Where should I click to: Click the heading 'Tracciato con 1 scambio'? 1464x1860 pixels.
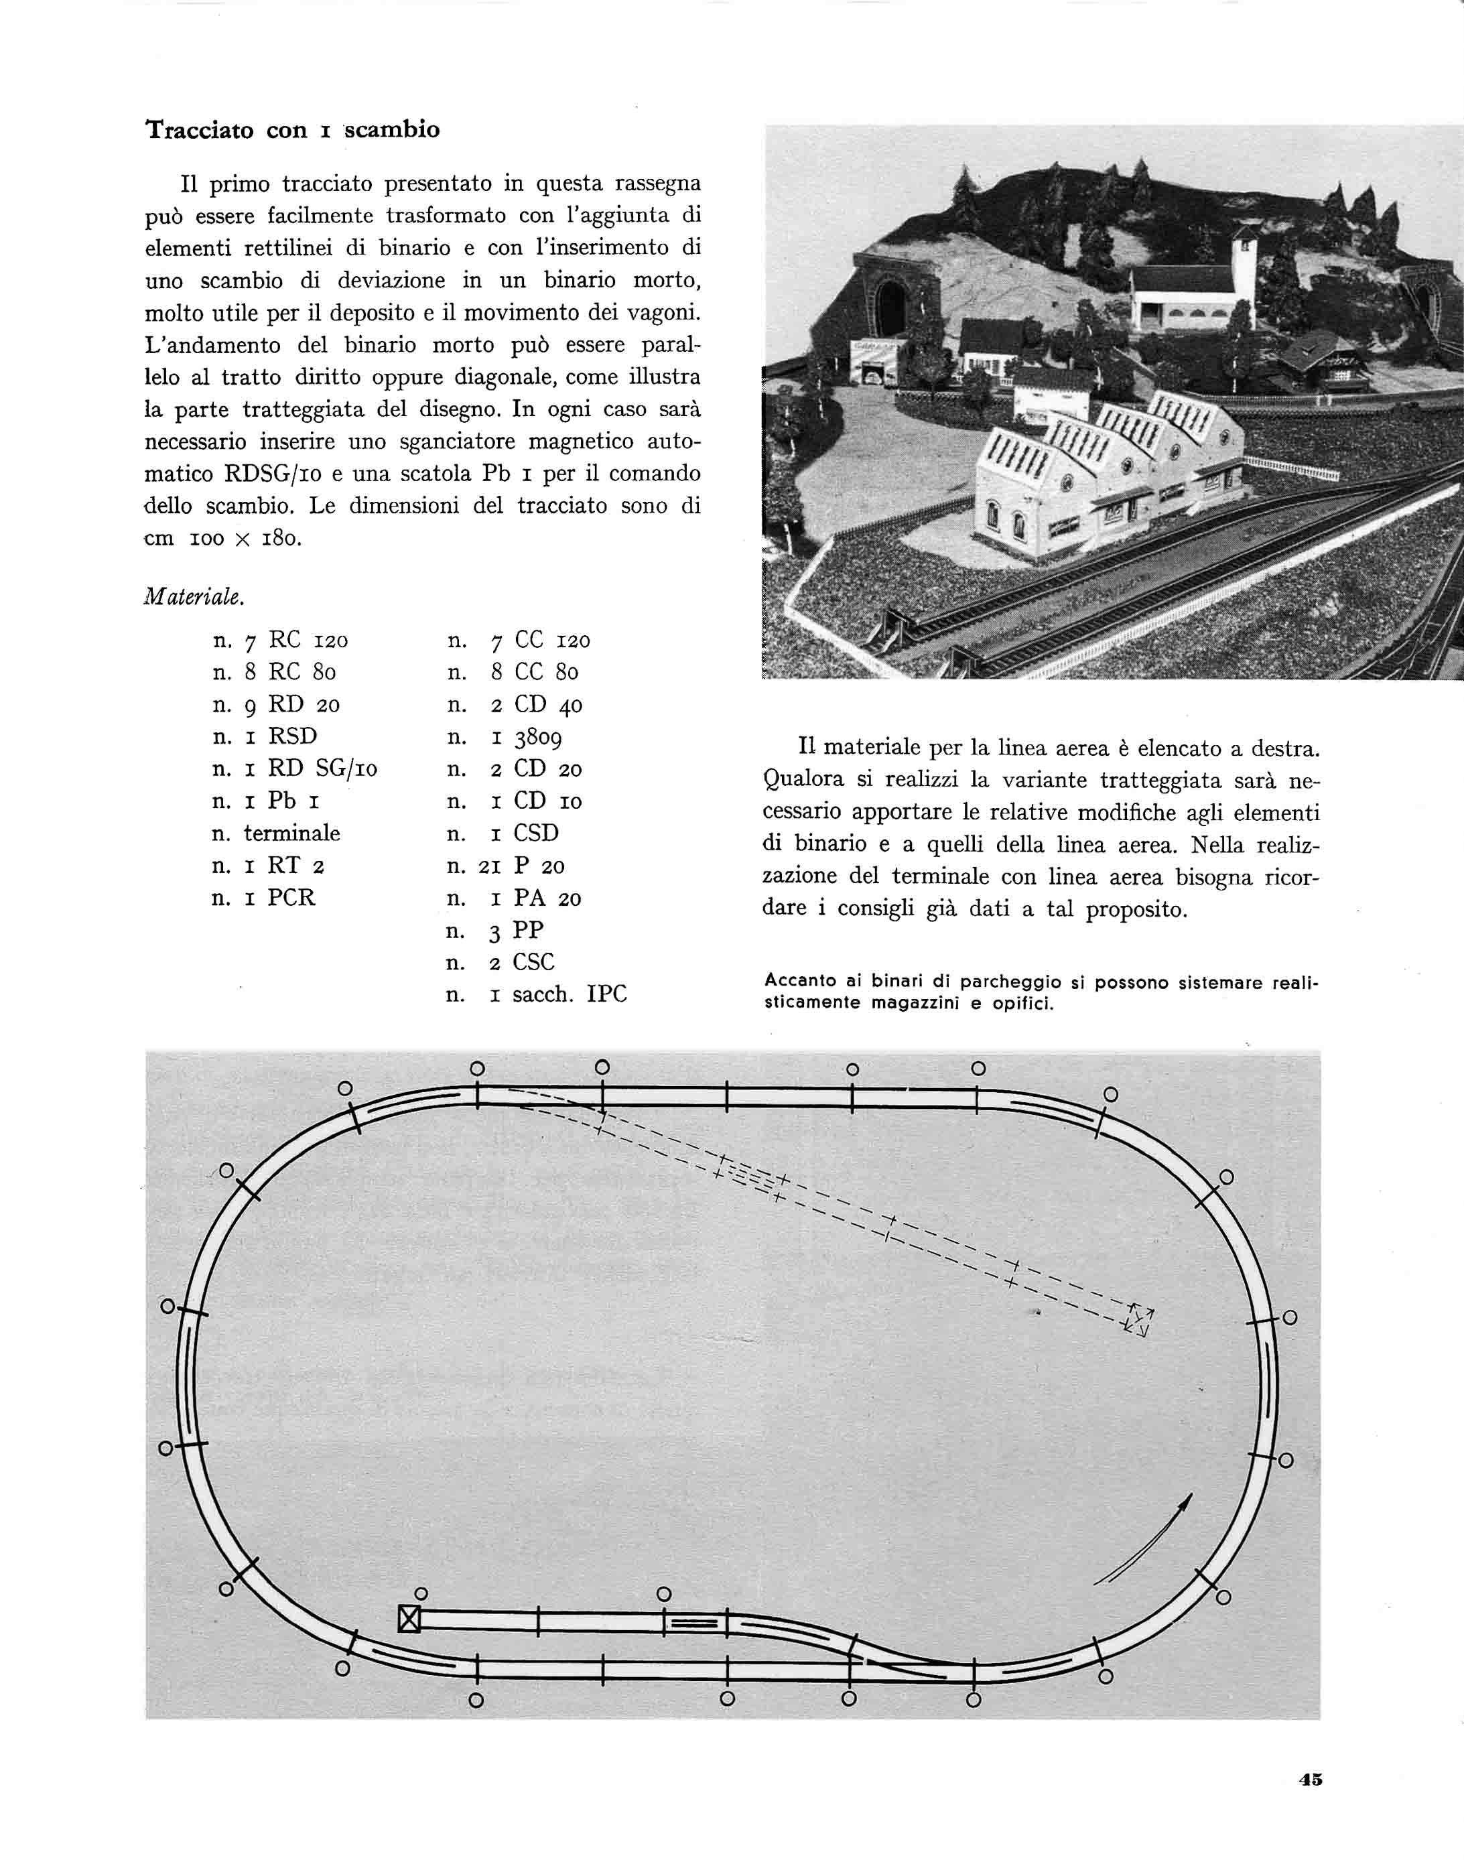point(292,129)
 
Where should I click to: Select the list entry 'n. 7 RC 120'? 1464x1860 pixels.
point(279,641)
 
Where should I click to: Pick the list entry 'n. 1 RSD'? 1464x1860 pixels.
point(264,736)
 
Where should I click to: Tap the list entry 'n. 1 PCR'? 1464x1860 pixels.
point(263,897)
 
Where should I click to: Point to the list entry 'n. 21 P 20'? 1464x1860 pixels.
point(505,866)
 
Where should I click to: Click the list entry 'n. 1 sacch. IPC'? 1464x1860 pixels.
point(537,994)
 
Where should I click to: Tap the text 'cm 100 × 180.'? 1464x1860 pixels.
point(223,538)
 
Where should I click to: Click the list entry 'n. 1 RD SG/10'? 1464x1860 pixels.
point(294,769)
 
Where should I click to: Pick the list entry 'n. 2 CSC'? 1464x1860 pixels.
point(500,963)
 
